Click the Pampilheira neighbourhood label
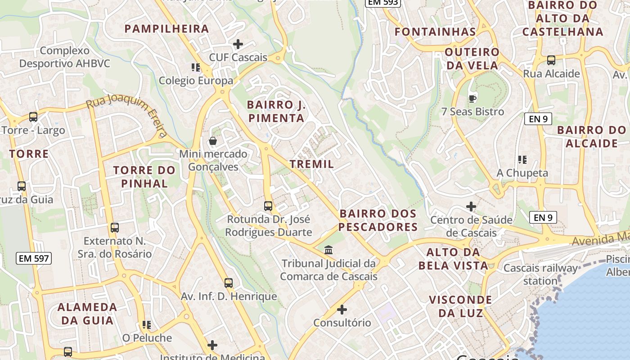point(166,29)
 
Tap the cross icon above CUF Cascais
point(238,44)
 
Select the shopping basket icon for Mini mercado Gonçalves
point(213,141)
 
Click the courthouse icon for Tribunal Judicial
point(328,250)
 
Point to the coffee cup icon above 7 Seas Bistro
point(472,98)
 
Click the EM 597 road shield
point(34,258)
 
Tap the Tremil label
point(312,164)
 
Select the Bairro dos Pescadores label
point(378,220)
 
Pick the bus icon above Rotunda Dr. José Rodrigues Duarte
point(268,206)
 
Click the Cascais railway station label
point(540,274)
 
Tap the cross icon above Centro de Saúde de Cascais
point(471,207)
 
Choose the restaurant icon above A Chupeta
point(522,159)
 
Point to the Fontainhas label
point(435,32)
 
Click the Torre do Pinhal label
point(144,177)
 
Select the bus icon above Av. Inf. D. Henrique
point(229,283)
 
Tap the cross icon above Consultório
point(342,310)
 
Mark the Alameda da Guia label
point(87,314)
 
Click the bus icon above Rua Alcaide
point(551,60)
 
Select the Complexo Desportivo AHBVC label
point(64,57)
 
